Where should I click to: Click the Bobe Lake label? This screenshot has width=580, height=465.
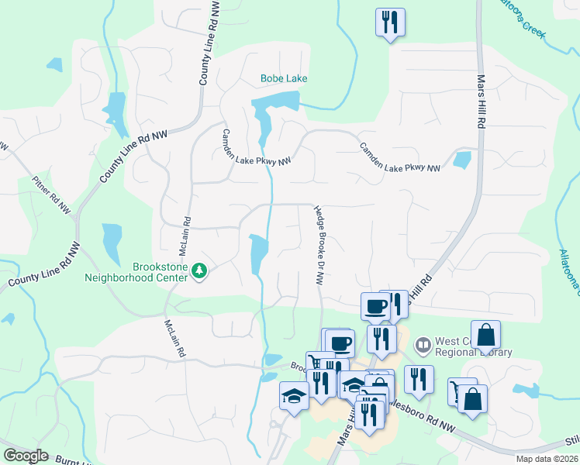tap(284, 79)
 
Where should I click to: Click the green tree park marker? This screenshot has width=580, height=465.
tap(200, 270)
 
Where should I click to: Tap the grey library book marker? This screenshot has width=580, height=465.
tap(423, 343)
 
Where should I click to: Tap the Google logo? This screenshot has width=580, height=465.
tap(26, 455)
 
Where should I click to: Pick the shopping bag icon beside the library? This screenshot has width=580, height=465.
tap(486, 335)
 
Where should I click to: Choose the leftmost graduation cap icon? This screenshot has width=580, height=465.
tap(295, 395)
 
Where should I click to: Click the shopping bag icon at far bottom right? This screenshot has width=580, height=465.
tap(472, 399)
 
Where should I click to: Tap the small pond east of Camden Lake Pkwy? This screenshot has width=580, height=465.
tap(461, 160)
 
